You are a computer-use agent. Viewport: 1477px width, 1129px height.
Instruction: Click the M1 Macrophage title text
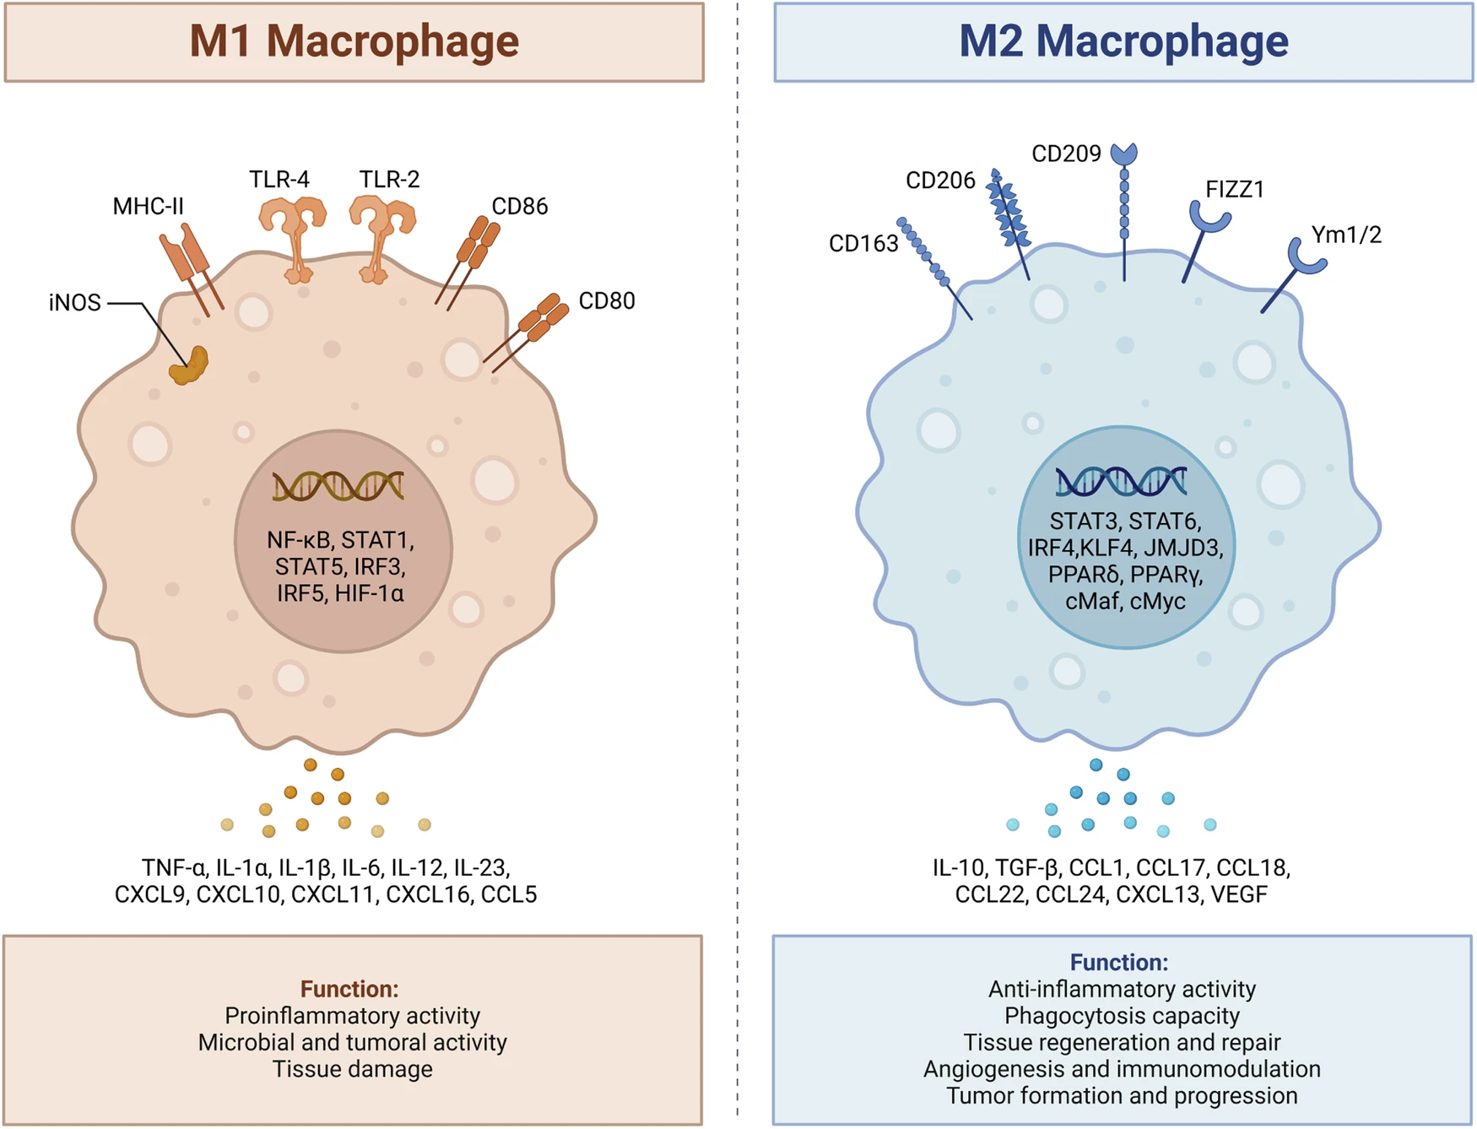tap(354, 41)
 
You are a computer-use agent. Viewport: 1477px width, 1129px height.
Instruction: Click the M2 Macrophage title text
tap(1123, 41)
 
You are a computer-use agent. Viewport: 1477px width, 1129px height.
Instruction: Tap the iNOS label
tap(74, 303)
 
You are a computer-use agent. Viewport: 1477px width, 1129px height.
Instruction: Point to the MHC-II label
tap(148, 207)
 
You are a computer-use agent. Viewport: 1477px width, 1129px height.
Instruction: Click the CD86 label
tap(519, 207)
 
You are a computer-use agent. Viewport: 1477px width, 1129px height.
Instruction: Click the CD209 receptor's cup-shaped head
tap(1123, 154)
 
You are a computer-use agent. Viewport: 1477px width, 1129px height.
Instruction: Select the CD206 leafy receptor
tap(1009, 216)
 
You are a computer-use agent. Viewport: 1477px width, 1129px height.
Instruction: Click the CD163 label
tap(863, 244)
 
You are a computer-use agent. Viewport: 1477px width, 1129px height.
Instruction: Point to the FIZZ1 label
tap(1234, 190)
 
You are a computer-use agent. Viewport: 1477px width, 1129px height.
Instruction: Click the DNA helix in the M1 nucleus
tap(338, 487)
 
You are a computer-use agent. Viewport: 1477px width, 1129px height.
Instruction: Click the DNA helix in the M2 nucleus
tap(1121, 481)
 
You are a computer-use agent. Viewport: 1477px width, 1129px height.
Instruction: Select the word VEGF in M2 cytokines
tap(1239, 894)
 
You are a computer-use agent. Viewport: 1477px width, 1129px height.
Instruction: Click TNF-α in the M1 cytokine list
tap(174, 867)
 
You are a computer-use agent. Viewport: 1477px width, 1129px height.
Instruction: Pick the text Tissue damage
tap(352, 1069)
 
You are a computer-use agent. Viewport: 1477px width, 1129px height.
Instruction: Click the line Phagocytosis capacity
tap(1122, 1016)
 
